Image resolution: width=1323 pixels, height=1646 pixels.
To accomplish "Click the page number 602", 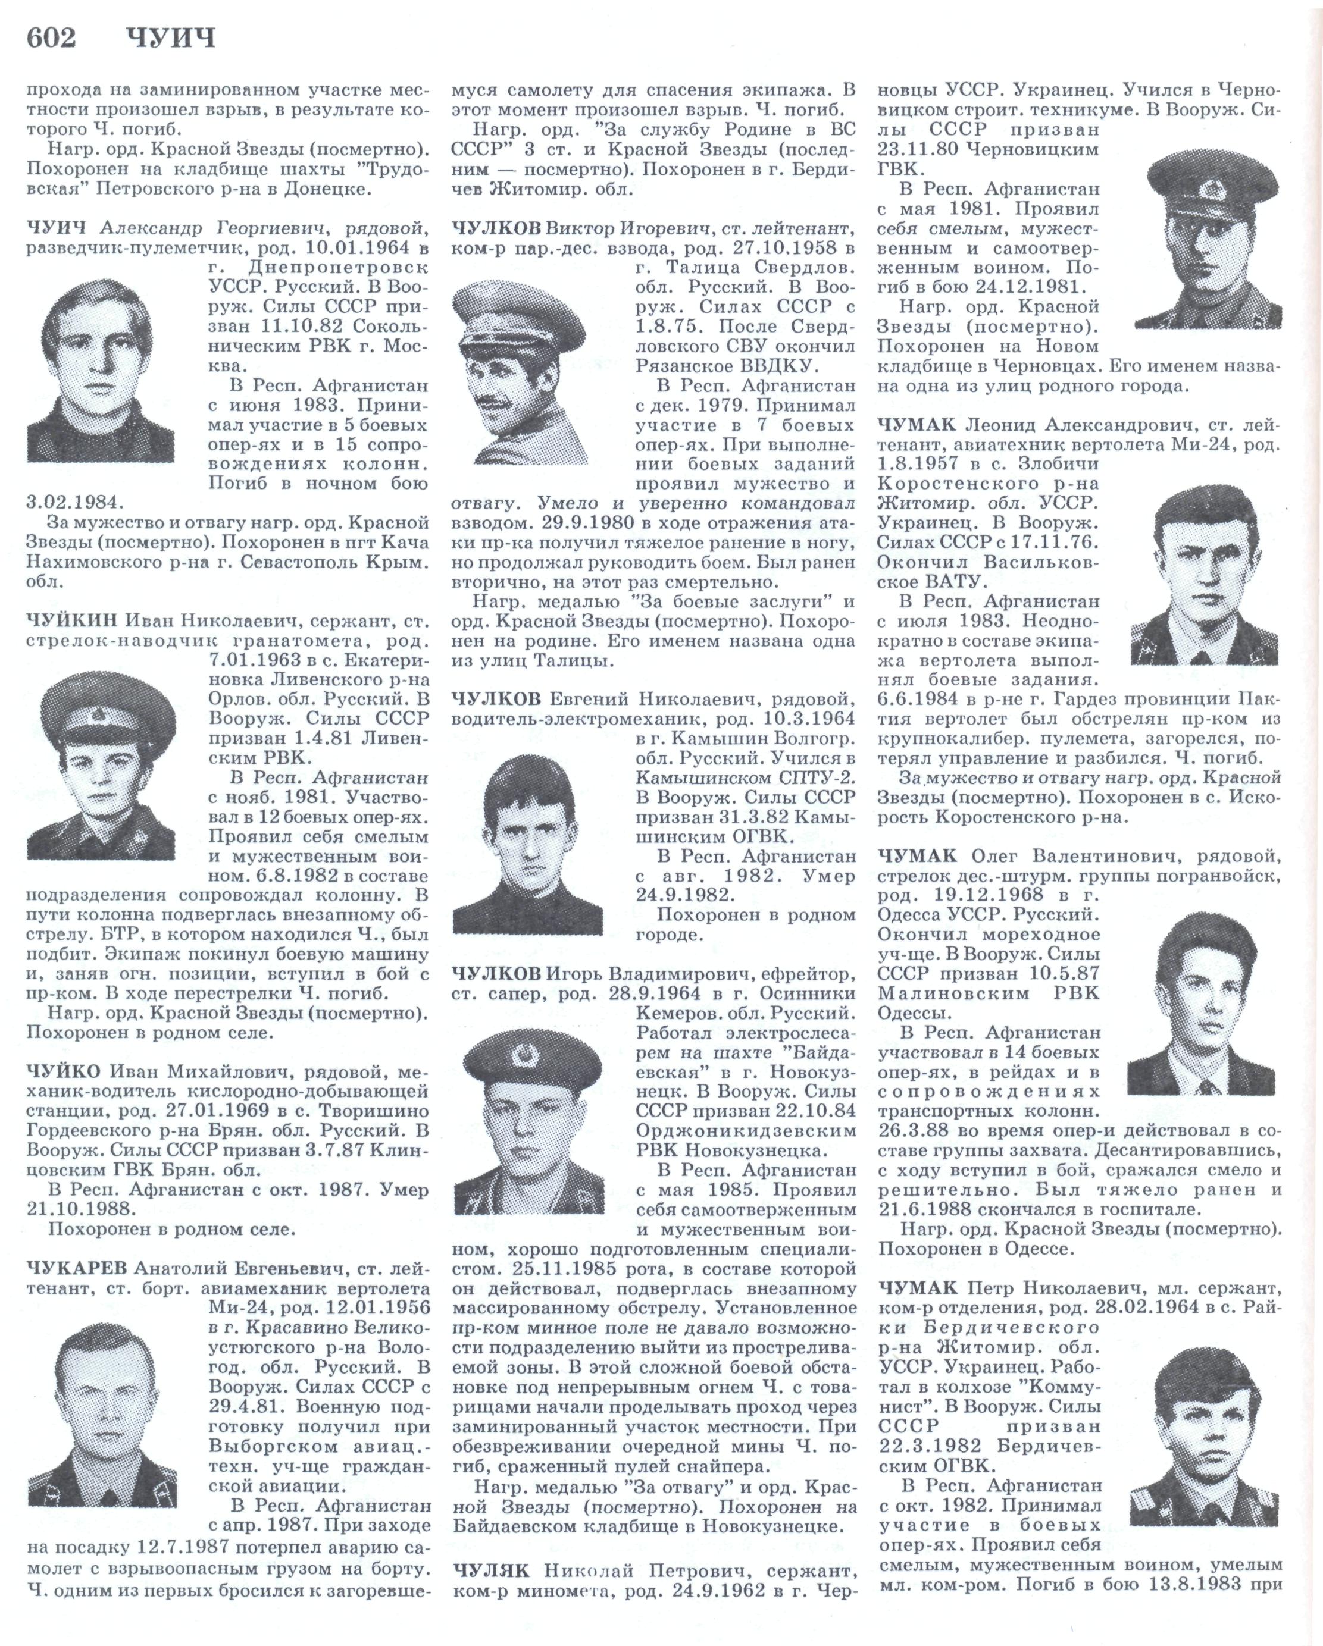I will pos(51,38).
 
